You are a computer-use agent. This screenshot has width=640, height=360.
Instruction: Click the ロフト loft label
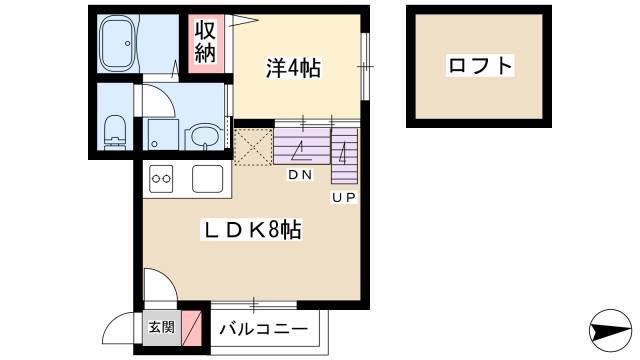480,65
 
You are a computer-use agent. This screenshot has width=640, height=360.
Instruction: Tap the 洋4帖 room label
293,68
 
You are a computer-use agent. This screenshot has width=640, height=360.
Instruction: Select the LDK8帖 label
252,230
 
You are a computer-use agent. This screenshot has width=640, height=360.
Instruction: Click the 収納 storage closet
206,43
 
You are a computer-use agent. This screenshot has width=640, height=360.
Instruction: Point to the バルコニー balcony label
264,329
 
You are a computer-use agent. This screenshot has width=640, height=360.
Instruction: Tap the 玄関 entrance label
162,327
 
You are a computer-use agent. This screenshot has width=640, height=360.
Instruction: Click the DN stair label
300,175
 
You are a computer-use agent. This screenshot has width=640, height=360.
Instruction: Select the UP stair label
344,198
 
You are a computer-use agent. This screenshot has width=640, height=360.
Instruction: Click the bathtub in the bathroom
118,43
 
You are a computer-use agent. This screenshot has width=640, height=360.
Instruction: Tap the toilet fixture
115,132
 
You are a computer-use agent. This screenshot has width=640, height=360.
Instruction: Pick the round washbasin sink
203,137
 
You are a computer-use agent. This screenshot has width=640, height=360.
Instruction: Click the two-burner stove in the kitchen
161,179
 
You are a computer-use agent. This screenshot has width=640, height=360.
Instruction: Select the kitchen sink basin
207,179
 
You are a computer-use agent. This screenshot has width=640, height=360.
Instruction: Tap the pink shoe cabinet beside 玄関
192,328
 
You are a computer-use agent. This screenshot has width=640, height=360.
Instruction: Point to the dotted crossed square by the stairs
253,147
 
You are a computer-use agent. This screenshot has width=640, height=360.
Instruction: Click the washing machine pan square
163,134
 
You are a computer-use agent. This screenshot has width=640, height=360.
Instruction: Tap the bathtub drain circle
128,43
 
